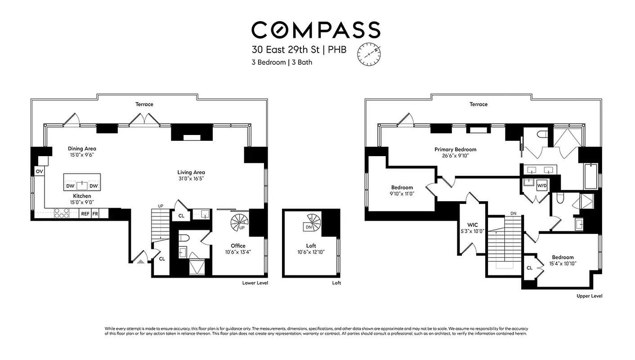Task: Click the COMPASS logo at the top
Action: (x=316, y=30)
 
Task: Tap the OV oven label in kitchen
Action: (x=39, y=171)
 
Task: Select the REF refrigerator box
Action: (x=85, y=214)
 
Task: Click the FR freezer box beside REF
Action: (x=95, y=214)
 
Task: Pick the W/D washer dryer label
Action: (x=542, y=185)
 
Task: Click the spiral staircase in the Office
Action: (x=238, y=222)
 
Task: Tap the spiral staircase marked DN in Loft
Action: (x=311, y=224)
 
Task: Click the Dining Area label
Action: (x=82, y=148)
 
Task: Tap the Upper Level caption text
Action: (x=589, y=296)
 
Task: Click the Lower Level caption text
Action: (x=255, y=283)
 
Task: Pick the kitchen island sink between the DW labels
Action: (x=82, y=185)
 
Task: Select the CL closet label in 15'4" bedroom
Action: (x=530, y=268)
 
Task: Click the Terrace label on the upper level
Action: (x=478, y=104)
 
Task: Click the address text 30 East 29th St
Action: (x=286, y=50)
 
